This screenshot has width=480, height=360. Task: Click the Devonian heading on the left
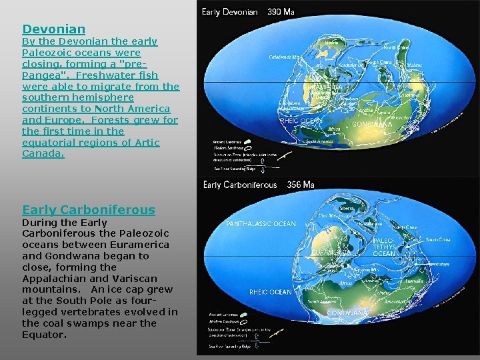coord(54,29)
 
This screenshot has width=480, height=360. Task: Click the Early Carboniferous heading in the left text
coord(88,209)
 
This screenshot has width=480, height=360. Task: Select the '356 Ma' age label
coord(300,185)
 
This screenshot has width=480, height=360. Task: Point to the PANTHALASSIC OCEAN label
coord(261,224)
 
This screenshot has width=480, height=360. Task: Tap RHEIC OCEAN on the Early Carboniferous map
coord(271,292)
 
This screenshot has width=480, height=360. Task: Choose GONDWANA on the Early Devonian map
coord(371,124)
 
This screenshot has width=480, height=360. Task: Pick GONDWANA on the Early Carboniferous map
coord(347,312)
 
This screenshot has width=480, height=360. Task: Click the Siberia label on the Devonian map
coord(331,42)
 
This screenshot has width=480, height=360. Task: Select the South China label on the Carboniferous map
coord(438,239)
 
